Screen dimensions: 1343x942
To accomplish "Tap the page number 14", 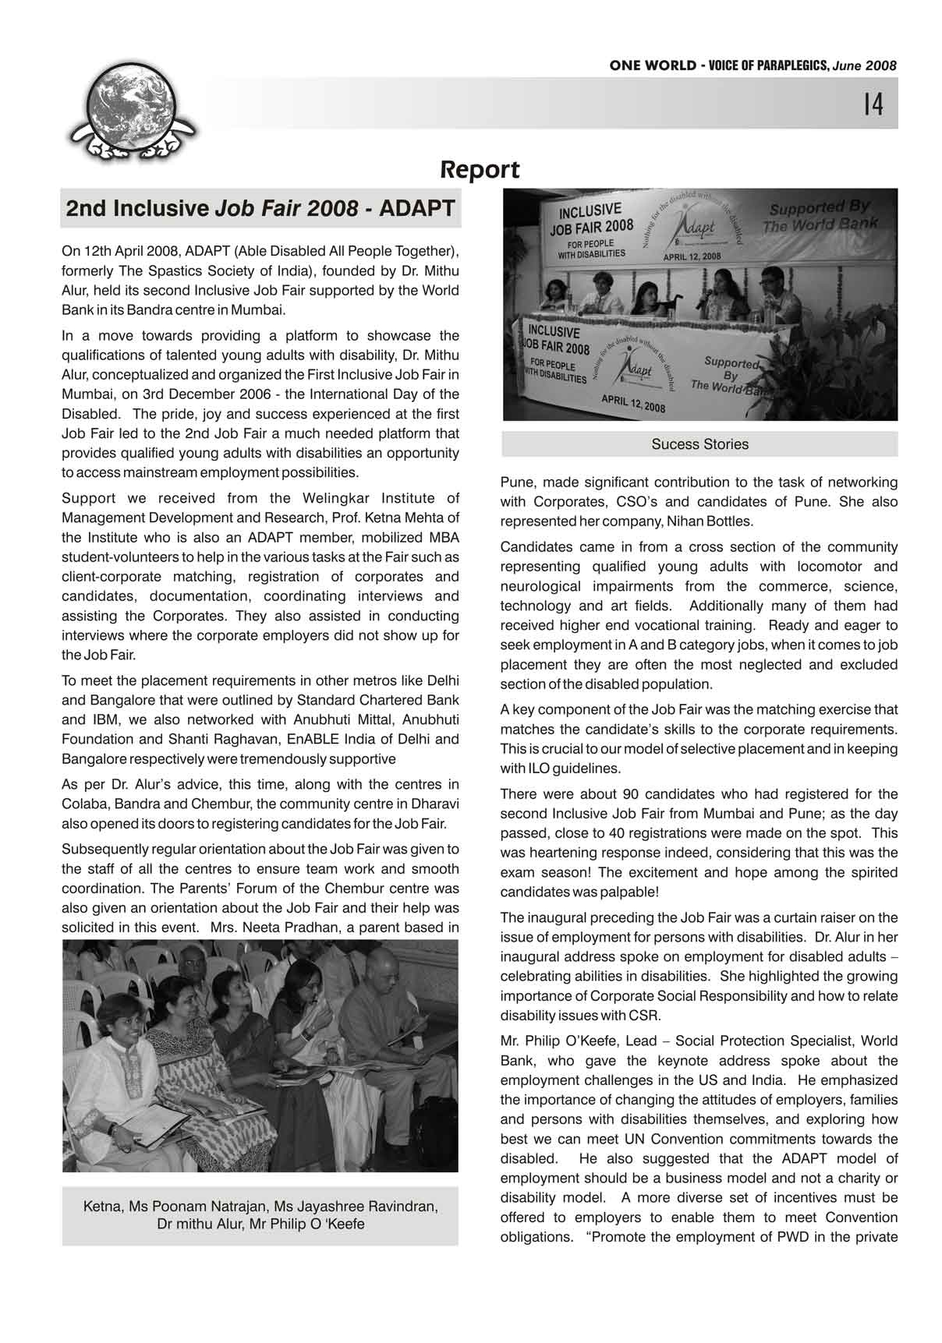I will [x=873, y=104].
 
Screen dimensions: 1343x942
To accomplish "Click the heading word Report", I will [x=480, y=169].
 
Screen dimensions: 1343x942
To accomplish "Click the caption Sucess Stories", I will [x=699, y=444].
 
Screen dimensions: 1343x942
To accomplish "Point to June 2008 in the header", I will [x=865, y=66].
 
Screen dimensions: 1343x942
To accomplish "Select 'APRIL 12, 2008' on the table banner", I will [x=632, y=402].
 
